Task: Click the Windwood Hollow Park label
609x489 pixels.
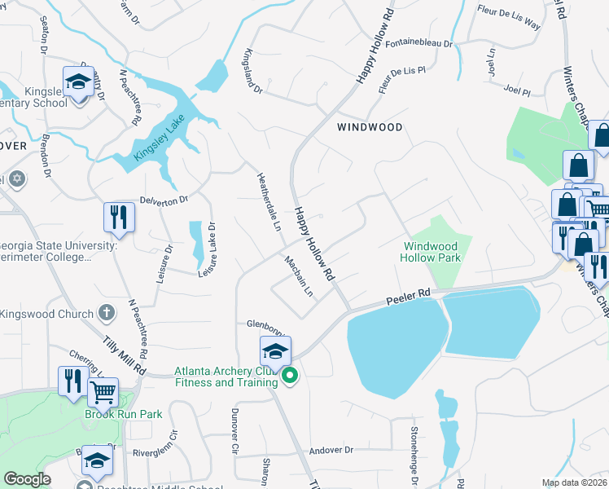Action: (431, 252)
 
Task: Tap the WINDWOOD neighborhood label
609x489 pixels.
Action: (370, 127)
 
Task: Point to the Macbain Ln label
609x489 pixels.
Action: (299, 277)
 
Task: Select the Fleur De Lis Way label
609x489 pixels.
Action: (509, 17)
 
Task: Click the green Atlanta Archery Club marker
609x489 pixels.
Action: (289, 376)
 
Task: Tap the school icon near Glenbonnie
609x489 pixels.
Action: (276, 351)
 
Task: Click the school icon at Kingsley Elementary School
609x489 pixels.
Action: (78, 82)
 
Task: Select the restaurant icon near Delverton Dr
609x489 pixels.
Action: (119, 217)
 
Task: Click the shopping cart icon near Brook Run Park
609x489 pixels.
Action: (103, 392)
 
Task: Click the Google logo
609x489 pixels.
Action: (27, 479)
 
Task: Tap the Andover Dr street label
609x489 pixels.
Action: (331, 450)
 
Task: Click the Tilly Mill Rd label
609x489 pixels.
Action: (125, 356)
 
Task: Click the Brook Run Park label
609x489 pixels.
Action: (124, 414)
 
